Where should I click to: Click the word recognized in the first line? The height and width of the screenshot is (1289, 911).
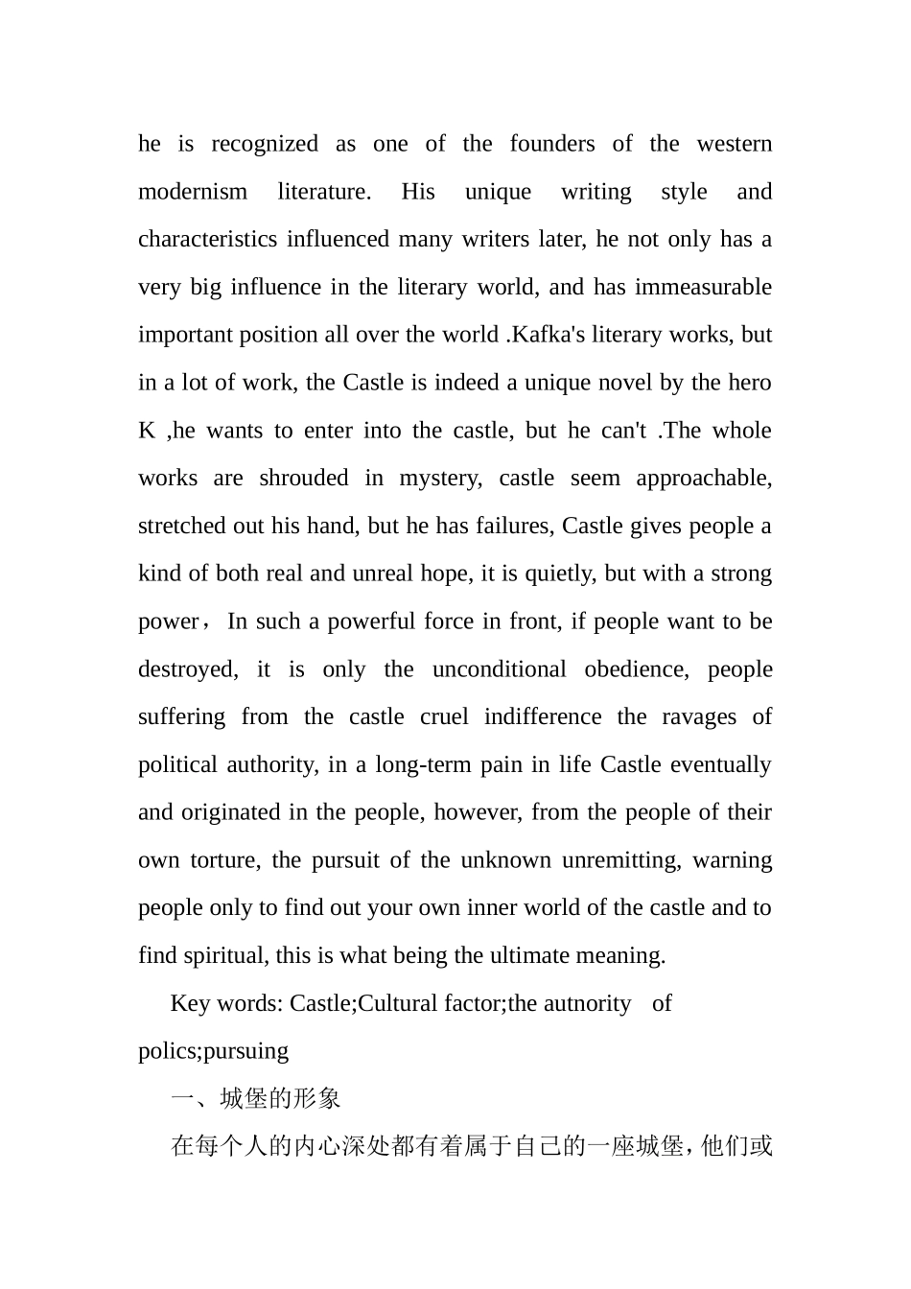pos(264,145)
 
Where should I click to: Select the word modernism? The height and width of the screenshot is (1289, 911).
pos(192,192)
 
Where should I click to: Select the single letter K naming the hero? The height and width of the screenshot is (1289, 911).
pos(147,431)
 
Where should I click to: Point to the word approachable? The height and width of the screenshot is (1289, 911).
pos(708,479)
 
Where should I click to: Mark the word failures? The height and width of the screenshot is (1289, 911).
pos(515,527)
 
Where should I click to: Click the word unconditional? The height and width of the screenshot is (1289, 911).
pos(499,669)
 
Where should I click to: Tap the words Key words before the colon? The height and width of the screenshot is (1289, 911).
pos(225,1004)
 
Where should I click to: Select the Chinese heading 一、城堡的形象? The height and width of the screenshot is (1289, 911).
pos(255,1099)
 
